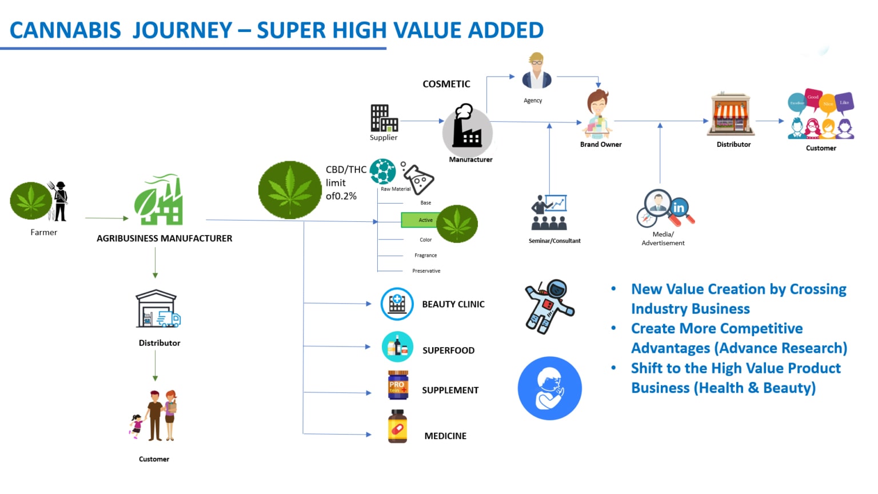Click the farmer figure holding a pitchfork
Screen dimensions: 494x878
coord(60,201)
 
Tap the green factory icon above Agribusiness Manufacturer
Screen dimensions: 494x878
coord(159,200)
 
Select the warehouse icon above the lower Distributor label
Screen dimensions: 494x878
coord(157,309)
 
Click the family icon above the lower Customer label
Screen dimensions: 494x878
coord(155,416)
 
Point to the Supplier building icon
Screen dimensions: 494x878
coord(384,118)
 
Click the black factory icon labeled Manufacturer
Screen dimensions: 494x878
coord(467,128)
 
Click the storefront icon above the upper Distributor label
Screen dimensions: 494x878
coord(731,114)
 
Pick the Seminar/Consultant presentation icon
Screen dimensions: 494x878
coord(550,213)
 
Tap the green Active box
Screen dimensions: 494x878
coord(420,220)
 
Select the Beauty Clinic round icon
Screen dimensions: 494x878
coord(397,304)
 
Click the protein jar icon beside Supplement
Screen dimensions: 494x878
coord(398,385)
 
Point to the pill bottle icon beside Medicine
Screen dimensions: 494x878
coord(398,427)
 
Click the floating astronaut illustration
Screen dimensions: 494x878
coord(549,306)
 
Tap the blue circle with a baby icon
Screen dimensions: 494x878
coord(549,388)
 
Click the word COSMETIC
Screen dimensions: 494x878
coord(446,84)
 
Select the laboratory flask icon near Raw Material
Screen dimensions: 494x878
coord(418,178)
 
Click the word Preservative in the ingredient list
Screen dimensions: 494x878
coord(426,271)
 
